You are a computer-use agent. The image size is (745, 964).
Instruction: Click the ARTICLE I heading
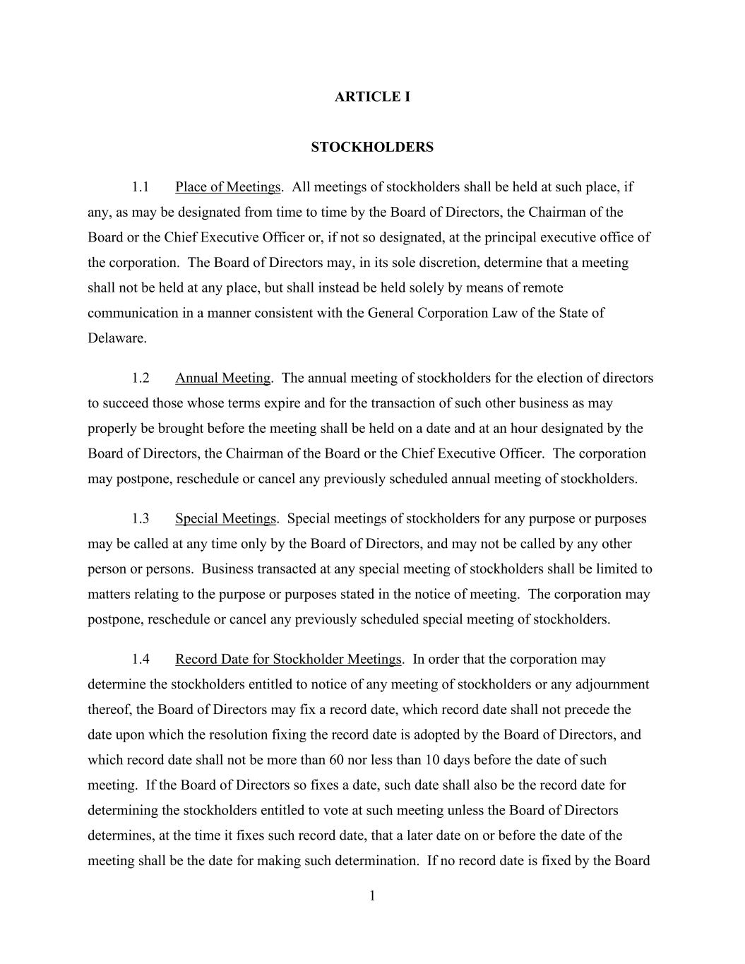click(x=372, y=97)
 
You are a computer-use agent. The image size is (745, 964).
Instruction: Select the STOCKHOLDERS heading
click(x=372, y=147)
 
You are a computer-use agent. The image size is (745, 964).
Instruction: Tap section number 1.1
click(x=141, y=187)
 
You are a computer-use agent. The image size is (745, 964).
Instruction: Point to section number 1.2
click(x=141, y=378)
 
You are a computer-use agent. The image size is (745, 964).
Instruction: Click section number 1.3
click(x=141, y=518)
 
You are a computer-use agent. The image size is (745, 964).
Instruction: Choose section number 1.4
click(x=141, y=659)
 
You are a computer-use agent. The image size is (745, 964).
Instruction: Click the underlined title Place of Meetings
click(x=227, y=187)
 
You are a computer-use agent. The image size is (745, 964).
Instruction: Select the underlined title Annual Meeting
click(x=222, y=378)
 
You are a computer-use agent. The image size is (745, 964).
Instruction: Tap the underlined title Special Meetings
click(x=225, y=518)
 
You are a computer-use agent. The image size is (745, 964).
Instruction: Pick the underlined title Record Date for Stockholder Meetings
click(x=288, y=659)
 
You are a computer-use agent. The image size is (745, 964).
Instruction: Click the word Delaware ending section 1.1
click(x=117, y=338)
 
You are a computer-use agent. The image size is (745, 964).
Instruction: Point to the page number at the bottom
click(x=372, y=896)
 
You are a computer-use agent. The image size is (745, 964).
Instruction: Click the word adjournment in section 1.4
click(x=612, y=684)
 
